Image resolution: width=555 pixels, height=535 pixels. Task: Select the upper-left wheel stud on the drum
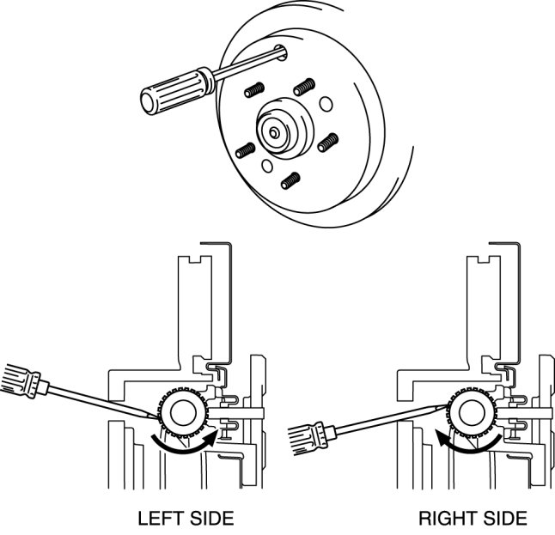pos(255,90)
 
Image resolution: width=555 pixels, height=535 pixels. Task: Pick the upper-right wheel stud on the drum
pos(302,87)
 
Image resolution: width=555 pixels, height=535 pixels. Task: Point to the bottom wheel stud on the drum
pos(290,180)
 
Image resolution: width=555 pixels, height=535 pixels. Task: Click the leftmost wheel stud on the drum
pos(245,149)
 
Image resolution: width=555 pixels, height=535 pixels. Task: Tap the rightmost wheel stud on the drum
pos(325,143)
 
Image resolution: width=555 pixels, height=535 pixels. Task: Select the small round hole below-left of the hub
pos(267,164)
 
